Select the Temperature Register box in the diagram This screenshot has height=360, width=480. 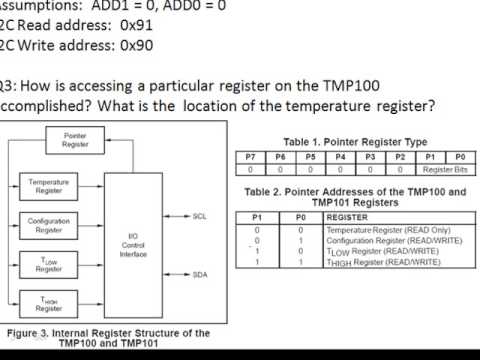(x=48, y=185)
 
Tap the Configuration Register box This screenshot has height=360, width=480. (x=48, y=226)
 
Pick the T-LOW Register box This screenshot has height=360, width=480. (x=48, y=264)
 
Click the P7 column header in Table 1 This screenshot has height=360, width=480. (x=252, y=157)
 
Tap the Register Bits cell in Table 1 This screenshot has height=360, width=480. (x=444, y=169)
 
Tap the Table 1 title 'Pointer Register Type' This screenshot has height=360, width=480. (x=355, y=142)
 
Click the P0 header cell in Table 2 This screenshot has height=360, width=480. (x=290, y=215)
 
